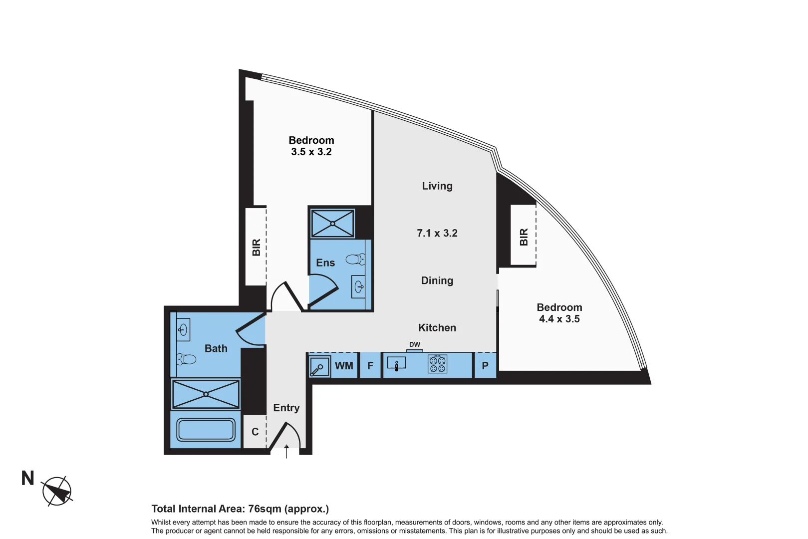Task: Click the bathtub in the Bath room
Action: [206, 430]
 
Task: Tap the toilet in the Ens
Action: [355, 259]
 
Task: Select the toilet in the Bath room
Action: [187, 359]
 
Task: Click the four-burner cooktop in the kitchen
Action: [438, 364]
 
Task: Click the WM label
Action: [344, 366]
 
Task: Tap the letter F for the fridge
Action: [370, 366]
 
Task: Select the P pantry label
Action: [485, 366]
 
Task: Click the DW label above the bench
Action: [415, 344]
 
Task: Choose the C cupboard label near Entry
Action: [255, 432]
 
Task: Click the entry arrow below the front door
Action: [286, 451]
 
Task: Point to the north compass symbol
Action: [57, 491]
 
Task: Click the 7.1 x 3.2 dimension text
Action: [437, 233]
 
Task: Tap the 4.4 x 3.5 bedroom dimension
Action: [559, 319]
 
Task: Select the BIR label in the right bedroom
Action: [524, 237]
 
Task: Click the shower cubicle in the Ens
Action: [332, 224]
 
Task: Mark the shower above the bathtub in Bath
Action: [206, 394]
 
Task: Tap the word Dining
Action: [437, 280]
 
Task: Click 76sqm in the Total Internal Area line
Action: [265, 509]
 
